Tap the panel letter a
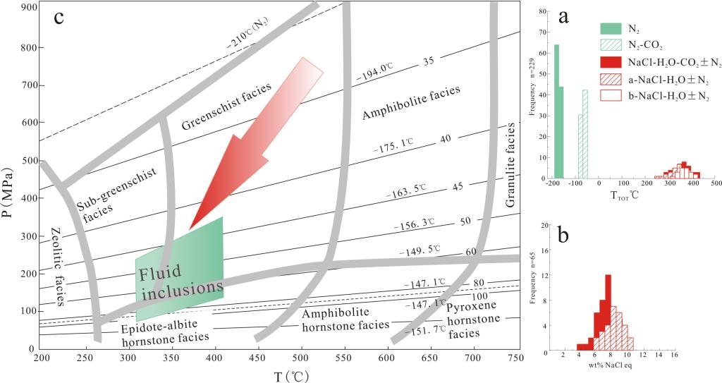tap(564, 18)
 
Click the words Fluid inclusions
tap(180, 281)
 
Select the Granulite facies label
tap(512, 165)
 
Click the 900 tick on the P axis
tap(29, 7)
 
